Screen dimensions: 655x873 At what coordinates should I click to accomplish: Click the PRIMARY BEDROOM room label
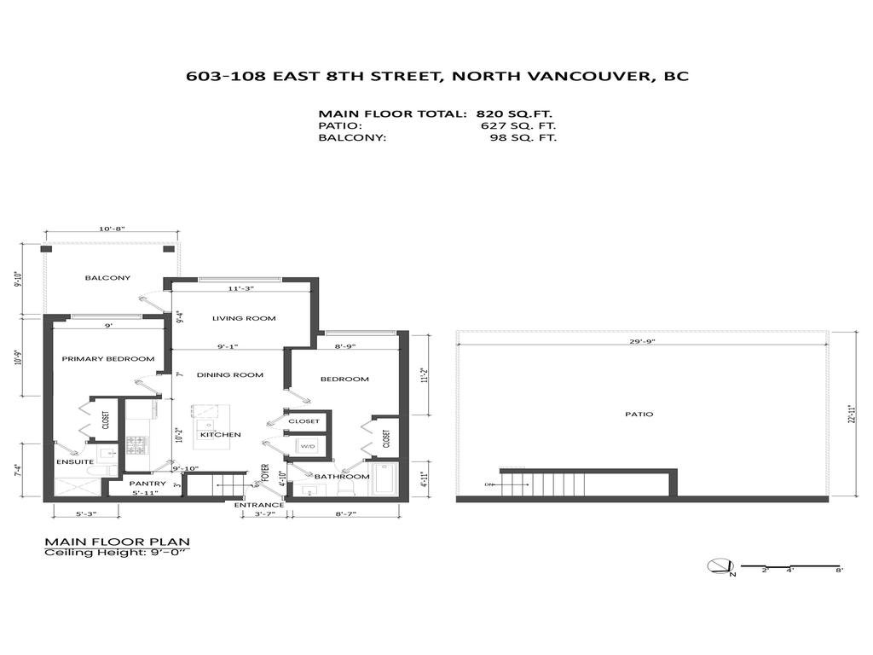[108, 359]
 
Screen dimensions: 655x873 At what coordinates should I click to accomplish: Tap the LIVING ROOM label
[244, 318]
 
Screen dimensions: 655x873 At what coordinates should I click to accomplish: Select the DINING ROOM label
[228, 375]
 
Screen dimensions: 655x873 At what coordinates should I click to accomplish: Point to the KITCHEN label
[220, 435]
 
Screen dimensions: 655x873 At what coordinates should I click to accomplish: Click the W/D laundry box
[307, 445]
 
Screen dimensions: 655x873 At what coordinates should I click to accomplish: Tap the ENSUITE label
[76, 461]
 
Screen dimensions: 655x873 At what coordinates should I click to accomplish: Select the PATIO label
[639, 414]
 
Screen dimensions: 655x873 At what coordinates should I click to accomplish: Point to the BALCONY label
[107, 278]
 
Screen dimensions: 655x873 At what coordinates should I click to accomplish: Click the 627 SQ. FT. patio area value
[519, 125]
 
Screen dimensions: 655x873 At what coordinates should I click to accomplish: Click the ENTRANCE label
[259, 505]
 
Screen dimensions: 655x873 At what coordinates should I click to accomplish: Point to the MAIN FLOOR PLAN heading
[117, 542]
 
